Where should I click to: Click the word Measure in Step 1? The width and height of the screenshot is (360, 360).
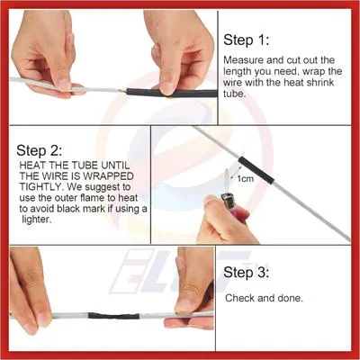pos(245,60)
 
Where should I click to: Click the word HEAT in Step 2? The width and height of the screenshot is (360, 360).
pos(34,166)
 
